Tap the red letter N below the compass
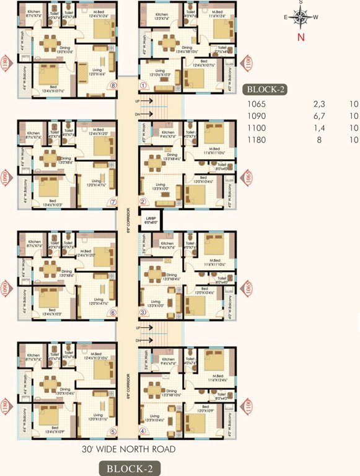tap(301, 37)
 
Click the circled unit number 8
tap(113, 86)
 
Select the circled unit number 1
tap(143, 86)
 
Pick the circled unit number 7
tap(113, 201)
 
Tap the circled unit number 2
tap(143, 201)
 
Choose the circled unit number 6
tap(113, 312)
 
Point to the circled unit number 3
tap(143, 312)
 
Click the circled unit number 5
tap(113, 431)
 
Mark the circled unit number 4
tap(143, 431)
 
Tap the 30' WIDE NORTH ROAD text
tap(129, 449)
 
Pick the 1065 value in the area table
tap(256, 105)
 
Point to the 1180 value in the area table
tap(256, 140)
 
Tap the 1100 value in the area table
tap(256, 128)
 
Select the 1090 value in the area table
tap(256, 117)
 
